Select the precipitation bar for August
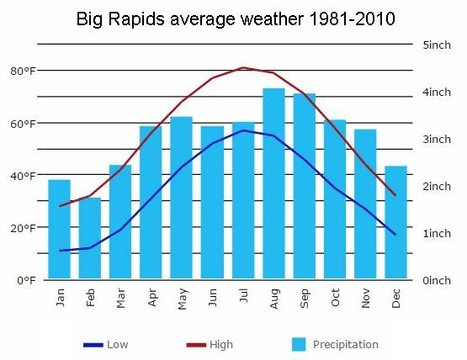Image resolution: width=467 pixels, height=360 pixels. coord(273,183)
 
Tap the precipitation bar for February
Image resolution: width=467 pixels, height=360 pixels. coord(90,238)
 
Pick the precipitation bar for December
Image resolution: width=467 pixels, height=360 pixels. coord(395,222)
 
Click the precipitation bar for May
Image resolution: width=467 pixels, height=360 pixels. coord(182,198)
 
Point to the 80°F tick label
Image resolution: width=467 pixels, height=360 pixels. coord(23,71)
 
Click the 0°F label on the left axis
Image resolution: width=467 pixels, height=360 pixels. coord(27,280)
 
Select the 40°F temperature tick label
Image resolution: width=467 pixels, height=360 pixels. coord(23,176)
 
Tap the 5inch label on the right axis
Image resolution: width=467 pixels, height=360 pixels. coord(437,45)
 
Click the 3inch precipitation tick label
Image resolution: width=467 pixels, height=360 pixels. coord(437,139)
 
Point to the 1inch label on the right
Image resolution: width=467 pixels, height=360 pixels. coord(437,233)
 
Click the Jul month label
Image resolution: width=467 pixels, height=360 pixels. coord(244,295)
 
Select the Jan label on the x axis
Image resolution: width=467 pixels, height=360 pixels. coord(60,298)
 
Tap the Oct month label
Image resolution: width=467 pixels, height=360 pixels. coord(335,298)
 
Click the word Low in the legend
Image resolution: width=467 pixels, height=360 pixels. coord(117,345)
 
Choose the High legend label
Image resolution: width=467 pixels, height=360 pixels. coord(221,345)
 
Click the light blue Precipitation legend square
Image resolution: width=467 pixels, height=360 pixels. coord(299,345)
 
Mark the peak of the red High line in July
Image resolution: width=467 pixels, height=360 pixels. coord(244,68)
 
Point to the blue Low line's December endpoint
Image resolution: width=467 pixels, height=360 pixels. coord(395,235)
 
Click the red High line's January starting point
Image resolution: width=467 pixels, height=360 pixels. coord(60,206)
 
